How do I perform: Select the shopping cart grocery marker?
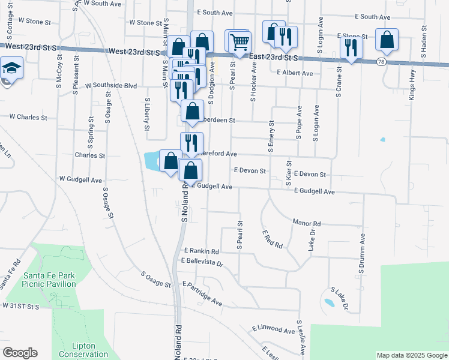tap(240, 43)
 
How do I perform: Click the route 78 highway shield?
tap(382, 62)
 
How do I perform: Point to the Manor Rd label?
tap(307, 223)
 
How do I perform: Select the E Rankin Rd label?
tap(202, 251)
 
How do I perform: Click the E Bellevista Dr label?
tap(202, 263)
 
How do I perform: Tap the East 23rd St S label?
tap(273, 57)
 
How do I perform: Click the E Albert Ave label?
tap(295, 73)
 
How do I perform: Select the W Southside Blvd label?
tap(111, 86)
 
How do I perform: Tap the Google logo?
tap(20, 353)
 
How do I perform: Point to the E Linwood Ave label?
tap(274, 329)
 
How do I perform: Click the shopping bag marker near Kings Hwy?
tap(387, 41)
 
